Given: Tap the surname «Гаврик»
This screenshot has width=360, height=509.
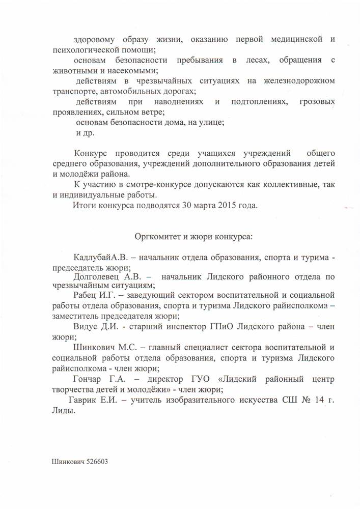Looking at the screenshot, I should click(82, 400).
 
